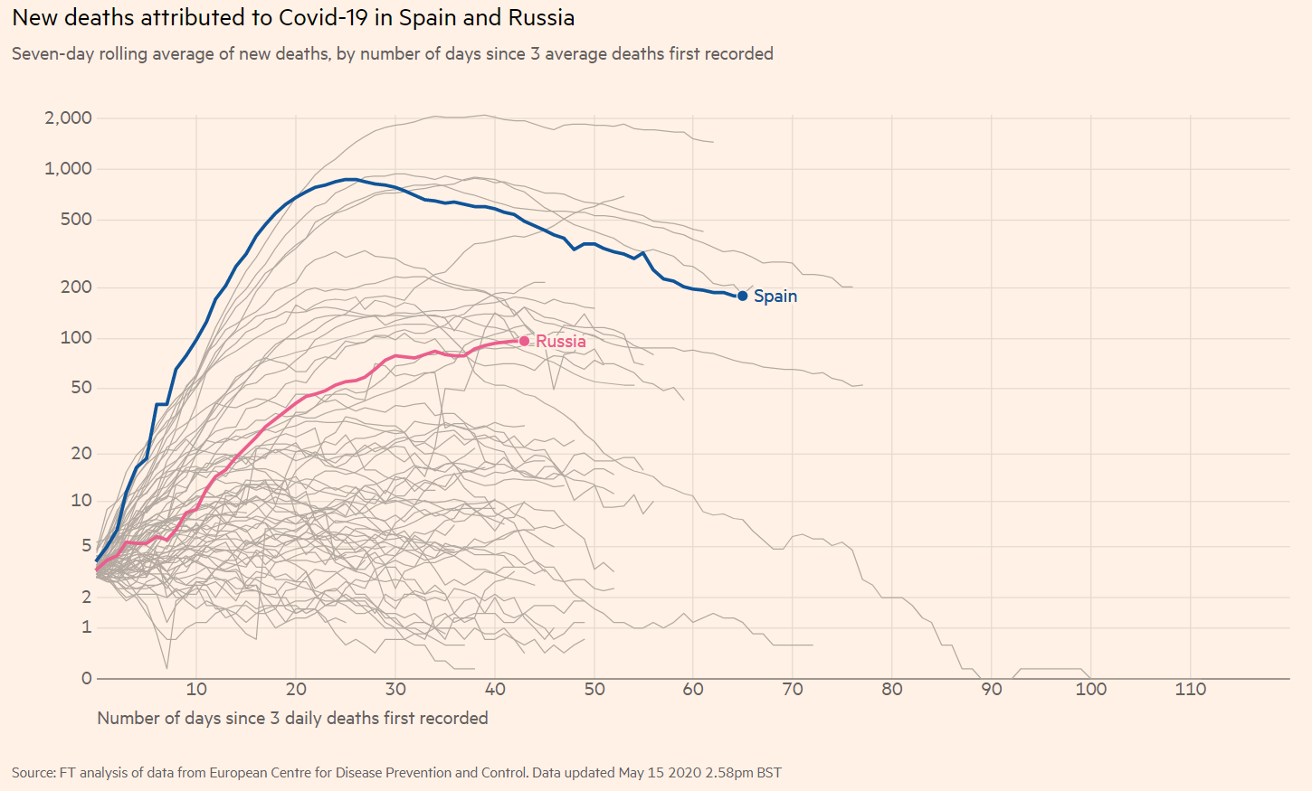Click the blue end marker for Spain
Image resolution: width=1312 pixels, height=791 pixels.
point(743,296)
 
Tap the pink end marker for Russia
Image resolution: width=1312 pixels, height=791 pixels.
point(524,341)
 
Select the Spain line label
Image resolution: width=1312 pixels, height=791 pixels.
point(775,296)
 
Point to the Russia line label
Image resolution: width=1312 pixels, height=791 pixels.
point(561,341)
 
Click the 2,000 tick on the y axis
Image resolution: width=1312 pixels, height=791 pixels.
point(69,118)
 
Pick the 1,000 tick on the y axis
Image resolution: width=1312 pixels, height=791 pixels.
point(69,168)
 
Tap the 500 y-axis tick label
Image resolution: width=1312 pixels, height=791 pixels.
point(76,219)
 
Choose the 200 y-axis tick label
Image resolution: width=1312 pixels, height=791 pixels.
point(76,287)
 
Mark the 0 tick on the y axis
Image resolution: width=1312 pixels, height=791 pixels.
point(87,678)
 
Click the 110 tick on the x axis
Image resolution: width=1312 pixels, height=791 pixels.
point(1190,689)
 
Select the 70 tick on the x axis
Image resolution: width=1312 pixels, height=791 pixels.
point(793,689)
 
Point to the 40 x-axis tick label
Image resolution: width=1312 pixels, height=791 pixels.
point(495,689)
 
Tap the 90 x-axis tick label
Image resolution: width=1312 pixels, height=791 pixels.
point(992,689)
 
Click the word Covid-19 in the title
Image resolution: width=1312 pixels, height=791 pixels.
point(323,17)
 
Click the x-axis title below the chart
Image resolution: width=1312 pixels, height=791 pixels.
point(292,718)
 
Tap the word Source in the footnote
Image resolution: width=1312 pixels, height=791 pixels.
point(33,772)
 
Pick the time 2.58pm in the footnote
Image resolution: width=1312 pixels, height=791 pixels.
point(729,772)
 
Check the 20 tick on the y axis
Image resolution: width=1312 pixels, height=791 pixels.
point(81,453)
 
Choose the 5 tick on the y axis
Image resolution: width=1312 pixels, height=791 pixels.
point(87,545)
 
